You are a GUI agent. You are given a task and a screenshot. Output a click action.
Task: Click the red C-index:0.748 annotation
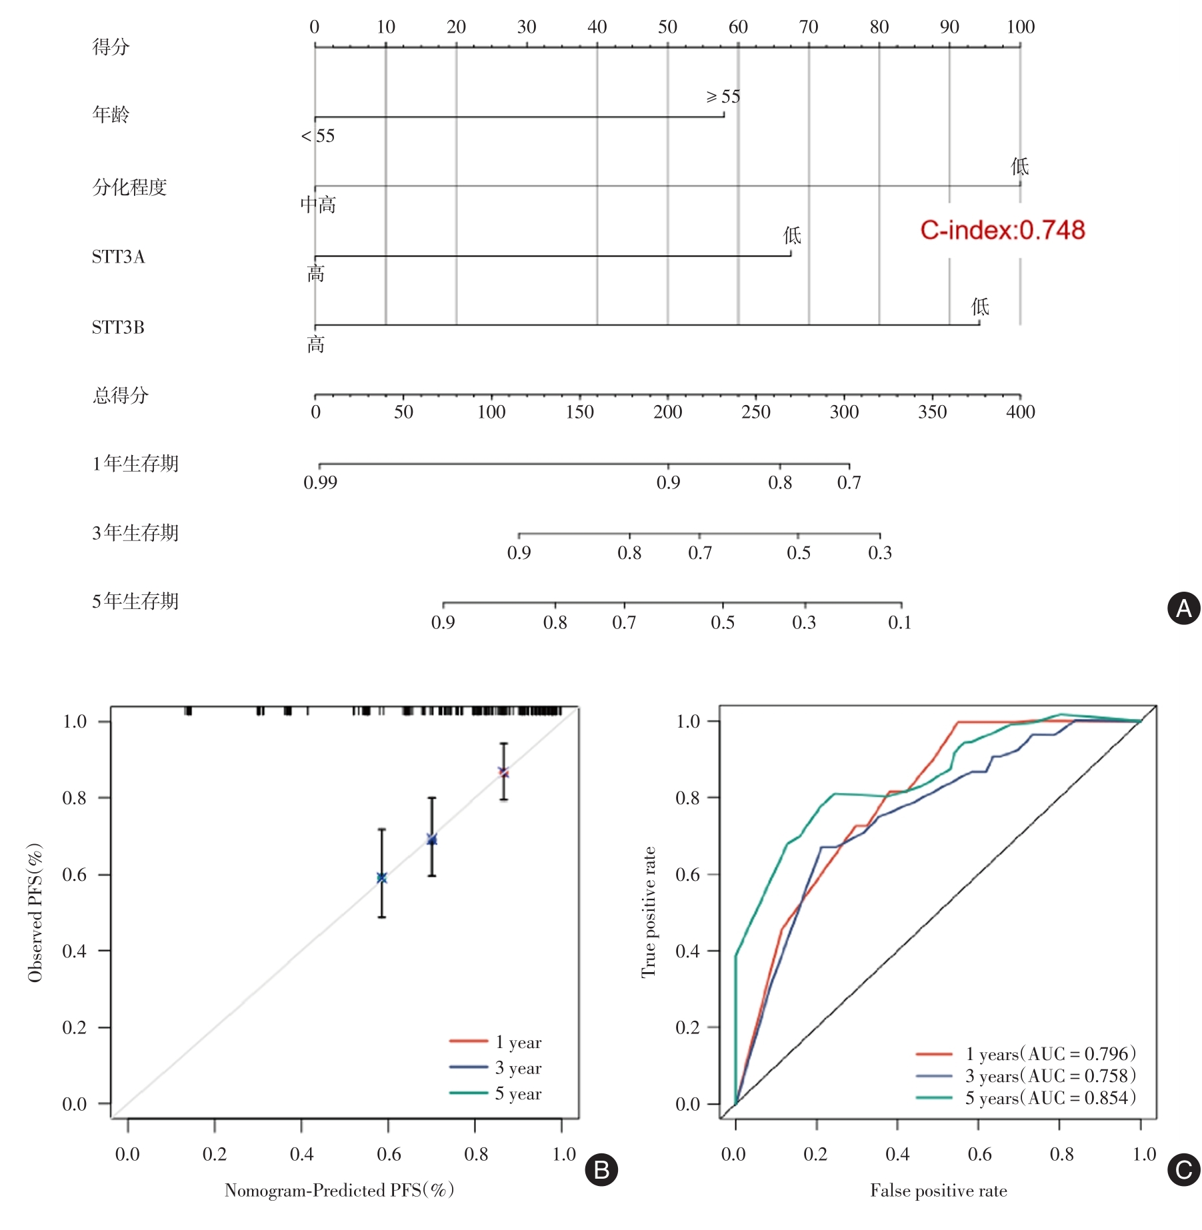[x=1002, y=231]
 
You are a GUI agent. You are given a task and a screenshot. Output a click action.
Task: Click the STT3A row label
[x=118, y=257]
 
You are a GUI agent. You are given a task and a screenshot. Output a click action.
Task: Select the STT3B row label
[x=118, y=328]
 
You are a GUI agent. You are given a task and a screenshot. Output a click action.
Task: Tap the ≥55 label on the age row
[x=723, y=97]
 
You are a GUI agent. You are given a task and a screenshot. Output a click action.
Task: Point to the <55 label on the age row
[x=318, y=137]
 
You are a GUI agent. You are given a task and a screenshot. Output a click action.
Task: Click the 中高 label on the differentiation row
[x=318, y=205]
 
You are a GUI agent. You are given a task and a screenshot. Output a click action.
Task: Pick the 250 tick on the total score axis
[x=755, y=412]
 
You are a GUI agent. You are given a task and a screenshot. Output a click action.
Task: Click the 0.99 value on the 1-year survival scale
[x=320, y=482]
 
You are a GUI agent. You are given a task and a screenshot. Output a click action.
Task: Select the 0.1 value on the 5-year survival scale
[x=899, y=622]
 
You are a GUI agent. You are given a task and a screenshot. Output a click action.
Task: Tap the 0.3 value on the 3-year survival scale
[x=879, y=553]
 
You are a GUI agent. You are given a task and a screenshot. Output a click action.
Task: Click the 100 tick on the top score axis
[x=1020, y=27]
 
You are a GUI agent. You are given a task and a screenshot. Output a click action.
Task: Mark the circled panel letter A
[x=1183, y=608]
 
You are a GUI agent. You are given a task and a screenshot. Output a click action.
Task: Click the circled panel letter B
[x=601, y=1170]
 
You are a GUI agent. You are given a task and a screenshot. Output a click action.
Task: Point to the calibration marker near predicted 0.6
[x=382, y=878]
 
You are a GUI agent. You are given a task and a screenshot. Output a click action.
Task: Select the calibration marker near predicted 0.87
[x=504, y=772]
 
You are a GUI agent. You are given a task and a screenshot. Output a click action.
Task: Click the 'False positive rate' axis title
[x=938, y=1191]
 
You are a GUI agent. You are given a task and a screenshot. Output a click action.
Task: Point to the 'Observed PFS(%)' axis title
[x=35, y=912]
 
